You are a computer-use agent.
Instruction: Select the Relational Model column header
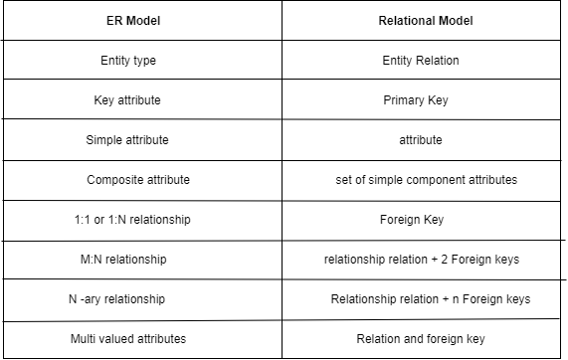(x=421, y=20)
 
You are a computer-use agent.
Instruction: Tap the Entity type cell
(x=128, y=61)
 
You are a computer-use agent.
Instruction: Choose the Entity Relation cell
(x=421, y=61)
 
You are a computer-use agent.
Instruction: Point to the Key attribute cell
(x=127, y=100)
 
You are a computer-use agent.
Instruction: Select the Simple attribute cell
(x=127, y=140)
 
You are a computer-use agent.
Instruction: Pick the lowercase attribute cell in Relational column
(x=421, y=140)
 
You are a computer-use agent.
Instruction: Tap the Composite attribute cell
(x=138, y=180)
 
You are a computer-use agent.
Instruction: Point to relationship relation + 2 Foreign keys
(x=421, y=260)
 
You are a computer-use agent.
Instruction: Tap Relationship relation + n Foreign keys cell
(x=431, y=299)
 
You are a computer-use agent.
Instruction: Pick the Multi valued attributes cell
(x=128, y=339)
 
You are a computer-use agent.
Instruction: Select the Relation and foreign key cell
(x=421, y=339)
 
